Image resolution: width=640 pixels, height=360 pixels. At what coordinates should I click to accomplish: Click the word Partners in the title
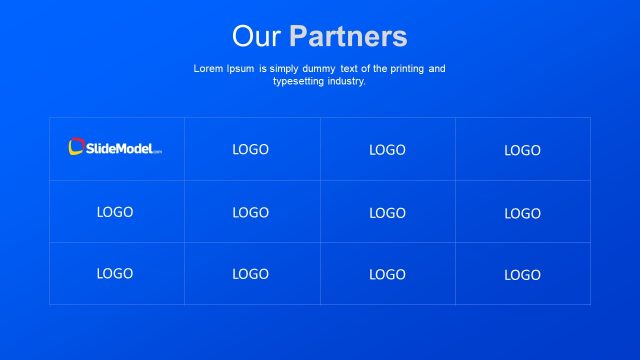pyautogui.click(x=348, y=37)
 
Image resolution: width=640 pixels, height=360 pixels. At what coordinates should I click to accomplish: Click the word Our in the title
pyautogui.click(x=257, y=37)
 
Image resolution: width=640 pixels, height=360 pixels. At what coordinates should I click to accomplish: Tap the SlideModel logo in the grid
pyautogui.click(x=115, y=148)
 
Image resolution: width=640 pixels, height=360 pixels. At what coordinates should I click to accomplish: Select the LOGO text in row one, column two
pyautogui.click(x=251, y=149)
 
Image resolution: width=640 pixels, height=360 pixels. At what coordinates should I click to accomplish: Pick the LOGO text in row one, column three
pyautogui.click(x=387, y=150)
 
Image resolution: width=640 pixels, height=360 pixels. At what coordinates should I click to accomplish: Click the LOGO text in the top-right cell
pyautogui.click(x=522, y=150)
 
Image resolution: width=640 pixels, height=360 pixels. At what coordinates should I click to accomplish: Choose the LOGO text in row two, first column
pyautogui.click(x=115, y=212)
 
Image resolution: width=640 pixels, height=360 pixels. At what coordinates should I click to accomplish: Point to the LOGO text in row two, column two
pyautogui.click(x=251, y=212)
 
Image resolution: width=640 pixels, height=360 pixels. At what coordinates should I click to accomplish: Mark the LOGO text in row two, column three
pyautogui.click(x=387, y=213)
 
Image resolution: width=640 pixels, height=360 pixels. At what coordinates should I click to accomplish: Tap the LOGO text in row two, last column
pyautogui.click(x=522, y=213)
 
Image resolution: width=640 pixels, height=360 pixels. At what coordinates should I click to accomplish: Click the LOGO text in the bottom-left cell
pyautogui.click(x=115, y=273)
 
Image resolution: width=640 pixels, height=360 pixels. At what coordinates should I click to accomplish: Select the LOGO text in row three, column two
pyautogui.click(x=251, y=274)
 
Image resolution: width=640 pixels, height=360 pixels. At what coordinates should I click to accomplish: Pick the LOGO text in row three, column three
pyautogui.click(x=387, y=274)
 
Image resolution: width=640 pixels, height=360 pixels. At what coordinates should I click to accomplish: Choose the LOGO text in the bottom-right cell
pyautogui.click(x=522, y=275)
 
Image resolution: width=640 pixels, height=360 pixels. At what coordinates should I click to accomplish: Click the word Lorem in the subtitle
pyautogui.click(x=207, y=69)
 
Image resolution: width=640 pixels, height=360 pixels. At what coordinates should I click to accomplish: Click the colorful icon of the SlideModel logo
pyautogui.click(x=76, y=148)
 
